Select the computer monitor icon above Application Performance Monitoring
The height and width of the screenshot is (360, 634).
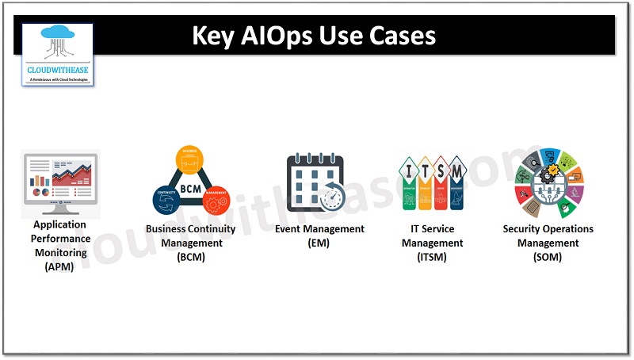(x=60, y=184)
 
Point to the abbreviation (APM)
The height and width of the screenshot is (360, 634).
(x=59, y=267)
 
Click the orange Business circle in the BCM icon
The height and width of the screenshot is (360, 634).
(x=189, y=159)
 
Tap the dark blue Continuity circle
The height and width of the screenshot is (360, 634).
(x=165, y=201)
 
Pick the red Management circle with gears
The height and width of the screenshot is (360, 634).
(x=215, y=201)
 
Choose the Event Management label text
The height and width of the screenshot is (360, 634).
(x=319, y=229)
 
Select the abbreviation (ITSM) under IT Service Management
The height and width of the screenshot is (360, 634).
(x=432, y=257)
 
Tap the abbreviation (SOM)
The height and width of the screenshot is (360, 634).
(x=548, y=257)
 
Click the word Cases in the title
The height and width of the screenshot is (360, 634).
(x=407, y=36)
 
